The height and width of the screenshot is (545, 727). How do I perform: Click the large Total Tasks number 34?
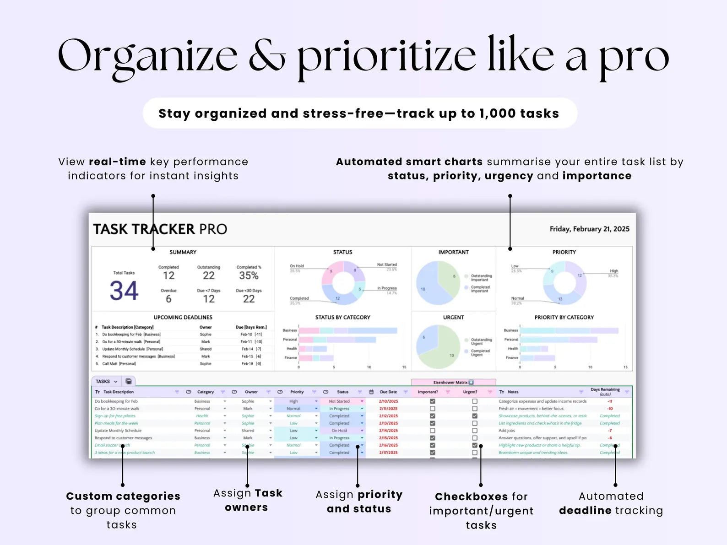(124, 291)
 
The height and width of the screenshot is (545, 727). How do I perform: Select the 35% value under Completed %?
(249, 275)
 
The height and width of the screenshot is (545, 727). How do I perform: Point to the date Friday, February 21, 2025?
(589, 229)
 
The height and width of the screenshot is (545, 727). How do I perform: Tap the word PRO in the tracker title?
(213, 229)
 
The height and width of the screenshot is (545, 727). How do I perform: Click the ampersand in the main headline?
(267, 56)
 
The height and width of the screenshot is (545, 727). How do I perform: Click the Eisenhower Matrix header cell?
(453, 382)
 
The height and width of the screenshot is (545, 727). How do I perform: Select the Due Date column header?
(388, 392)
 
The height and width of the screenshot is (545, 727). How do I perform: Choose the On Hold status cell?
(339, 431)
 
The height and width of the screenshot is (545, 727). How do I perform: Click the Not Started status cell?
(339, 401)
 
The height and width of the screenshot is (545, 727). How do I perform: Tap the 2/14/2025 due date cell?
(388, 431)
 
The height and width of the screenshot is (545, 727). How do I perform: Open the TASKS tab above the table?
(103, 381)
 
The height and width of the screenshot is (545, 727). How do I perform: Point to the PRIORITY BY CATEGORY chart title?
(564, 317)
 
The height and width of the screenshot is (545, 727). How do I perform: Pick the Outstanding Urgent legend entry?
(481, 341)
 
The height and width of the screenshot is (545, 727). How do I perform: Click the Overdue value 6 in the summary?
(168, 299)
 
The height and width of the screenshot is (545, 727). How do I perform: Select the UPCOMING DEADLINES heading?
(183, 317)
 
